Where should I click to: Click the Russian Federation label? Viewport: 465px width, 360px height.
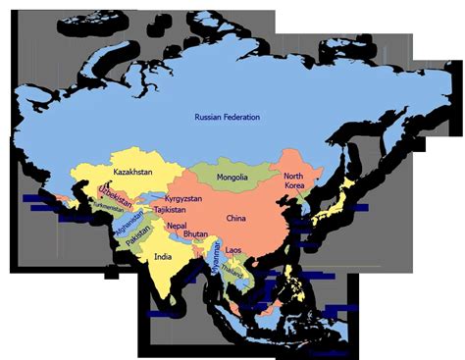[227, 118]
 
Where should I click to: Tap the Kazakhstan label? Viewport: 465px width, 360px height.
[134, 173]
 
